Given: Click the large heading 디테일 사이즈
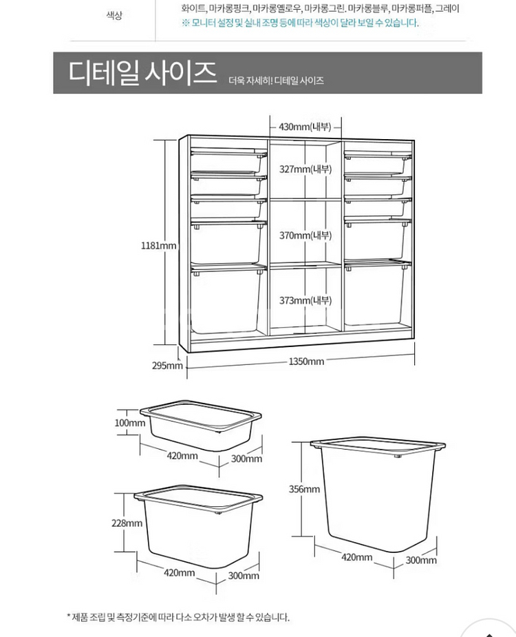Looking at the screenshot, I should [142, 72].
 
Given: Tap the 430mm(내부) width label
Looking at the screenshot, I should [305, 127].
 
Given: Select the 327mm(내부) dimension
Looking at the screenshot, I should [305, 169].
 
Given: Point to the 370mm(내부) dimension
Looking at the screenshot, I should [305, 236].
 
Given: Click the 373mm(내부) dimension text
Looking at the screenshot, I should [305, 300].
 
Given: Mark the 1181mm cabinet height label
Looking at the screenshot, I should [159, 245].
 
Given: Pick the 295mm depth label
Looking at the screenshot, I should [167, 365].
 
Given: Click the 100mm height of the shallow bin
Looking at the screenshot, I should [129, 423].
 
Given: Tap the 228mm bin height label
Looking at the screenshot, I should [127, 523].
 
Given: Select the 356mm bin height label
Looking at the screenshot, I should [303, 489].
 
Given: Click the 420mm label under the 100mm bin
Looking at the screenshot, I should [182, 455].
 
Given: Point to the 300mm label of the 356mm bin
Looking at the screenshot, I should [420, 560].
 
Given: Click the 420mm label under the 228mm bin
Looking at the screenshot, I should [180, 572].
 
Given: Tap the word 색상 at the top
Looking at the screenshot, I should [114, 15].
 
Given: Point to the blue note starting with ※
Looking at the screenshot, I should [299, 23].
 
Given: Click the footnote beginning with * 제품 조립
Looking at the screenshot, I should [178, 617].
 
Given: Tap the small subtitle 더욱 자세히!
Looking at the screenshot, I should [250, 81].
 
